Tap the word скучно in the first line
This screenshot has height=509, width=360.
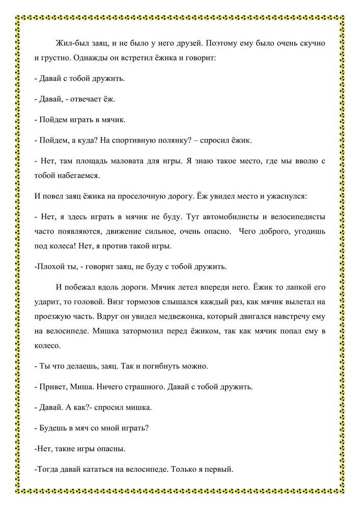(308, 44)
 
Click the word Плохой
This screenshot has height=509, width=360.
(50, 267)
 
